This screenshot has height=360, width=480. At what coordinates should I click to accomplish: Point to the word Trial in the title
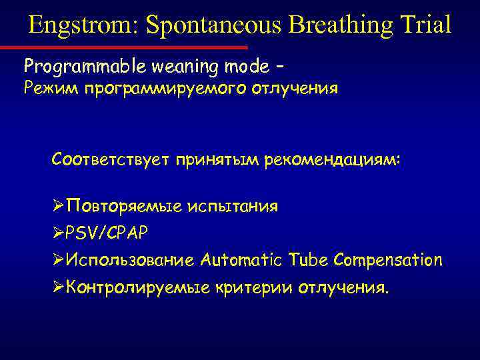(427, 25)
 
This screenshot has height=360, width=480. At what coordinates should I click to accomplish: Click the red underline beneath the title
(123, 47)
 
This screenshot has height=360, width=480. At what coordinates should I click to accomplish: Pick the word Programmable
(72, 67)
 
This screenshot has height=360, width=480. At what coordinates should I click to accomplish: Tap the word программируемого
(164, 89)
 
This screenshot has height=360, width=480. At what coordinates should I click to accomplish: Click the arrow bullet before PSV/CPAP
(59, 233)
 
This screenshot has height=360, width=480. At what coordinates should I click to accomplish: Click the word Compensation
(389, 260)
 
